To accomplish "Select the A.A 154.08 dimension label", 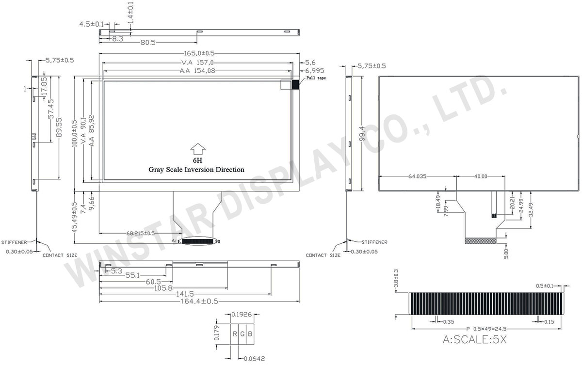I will click(x=197, y=71).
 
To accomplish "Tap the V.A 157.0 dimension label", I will click(x=197, y=63).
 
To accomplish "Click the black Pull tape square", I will click(x=295, y=84).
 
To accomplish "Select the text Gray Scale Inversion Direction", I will click(x=196, y=170).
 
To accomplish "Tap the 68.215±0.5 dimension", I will click(x=141, y=233).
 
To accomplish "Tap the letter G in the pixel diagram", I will click(x=242, y=334).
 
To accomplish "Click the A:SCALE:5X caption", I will click(x=475, y=340).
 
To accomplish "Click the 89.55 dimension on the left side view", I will click(x=59, y=127).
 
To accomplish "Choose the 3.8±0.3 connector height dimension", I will click(x=396, y=278).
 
